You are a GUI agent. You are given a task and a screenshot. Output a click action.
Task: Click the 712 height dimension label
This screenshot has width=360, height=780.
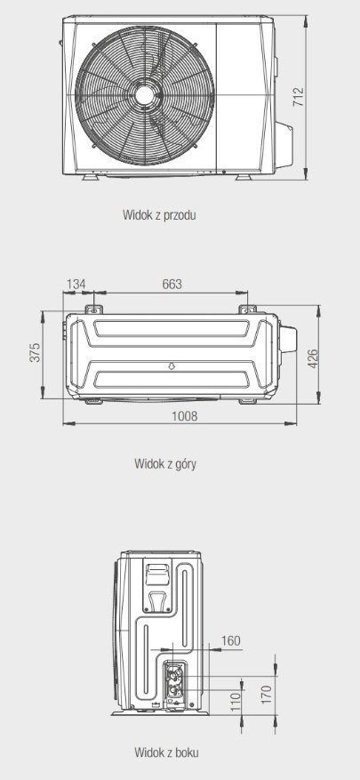point(299,97)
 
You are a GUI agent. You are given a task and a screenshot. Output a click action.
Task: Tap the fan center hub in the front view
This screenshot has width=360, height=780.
point(145,95)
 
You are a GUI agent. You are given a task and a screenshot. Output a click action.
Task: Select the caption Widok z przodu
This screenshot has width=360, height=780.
point(159,215)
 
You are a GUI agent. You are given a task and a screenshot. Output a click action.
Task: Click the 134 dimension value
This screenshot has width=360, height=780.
point(76,284)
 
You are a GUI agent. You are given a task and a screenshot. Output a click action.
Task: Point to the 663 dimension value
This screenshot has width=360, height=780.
point(172,284)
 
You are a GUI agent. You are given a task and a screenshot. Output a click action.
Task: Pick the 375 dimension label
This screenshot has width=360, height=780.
point(35,352)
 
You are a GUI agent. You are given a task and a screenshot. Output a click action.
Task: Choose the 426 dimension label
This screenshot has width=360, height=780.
point(313,358)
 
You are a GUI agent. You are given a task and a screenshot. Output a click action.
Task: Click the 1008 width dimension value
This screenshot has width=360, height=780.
point(185,416)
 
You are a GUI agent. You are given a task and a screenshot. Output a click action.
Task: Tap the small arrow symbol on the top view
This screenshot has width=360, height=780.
point(171,366)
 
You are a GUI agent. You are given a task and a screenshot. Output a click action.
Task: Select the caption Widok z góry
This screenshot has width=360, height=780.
point(165,464)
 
